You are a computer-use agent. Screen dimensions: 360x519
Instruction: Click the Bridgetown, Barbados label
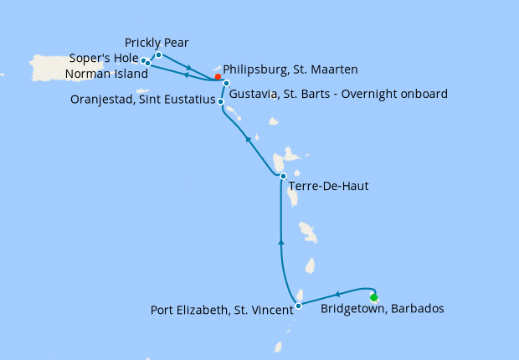coord(382,309)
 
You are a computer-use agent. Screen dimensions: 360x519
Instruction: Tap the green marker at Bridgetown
coord(373,297)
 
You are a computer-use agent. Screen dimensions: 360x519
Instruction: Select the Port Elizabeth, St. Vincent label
coord(222,310)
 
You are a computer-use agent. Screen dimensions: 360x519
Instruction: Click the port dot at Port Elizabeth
coord(299,306)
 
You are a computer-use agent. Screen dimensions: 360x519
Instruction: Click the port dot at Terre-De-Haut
coord(283,176)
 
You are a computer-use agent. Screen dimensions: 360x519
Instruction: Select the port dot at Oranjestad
coord(220,101)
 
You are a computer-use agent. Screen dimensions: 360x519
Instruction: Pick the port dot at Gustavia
coord(226,84)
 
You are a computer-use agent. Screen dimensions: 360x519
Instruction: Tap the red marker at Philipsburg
coord(218,77)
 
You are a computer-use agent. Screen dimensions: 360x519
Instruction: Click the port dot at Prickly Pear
coord(158,54)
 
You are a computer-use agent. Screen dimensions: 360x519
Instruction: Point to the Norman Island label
coord(106,74)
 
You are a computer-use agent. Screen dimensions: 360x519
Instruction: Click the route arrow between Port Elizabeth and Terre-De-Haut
coord(280,243)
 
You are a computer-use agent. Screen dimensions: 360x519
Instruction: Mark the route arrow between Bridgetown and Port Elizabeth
coord(337,294)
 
